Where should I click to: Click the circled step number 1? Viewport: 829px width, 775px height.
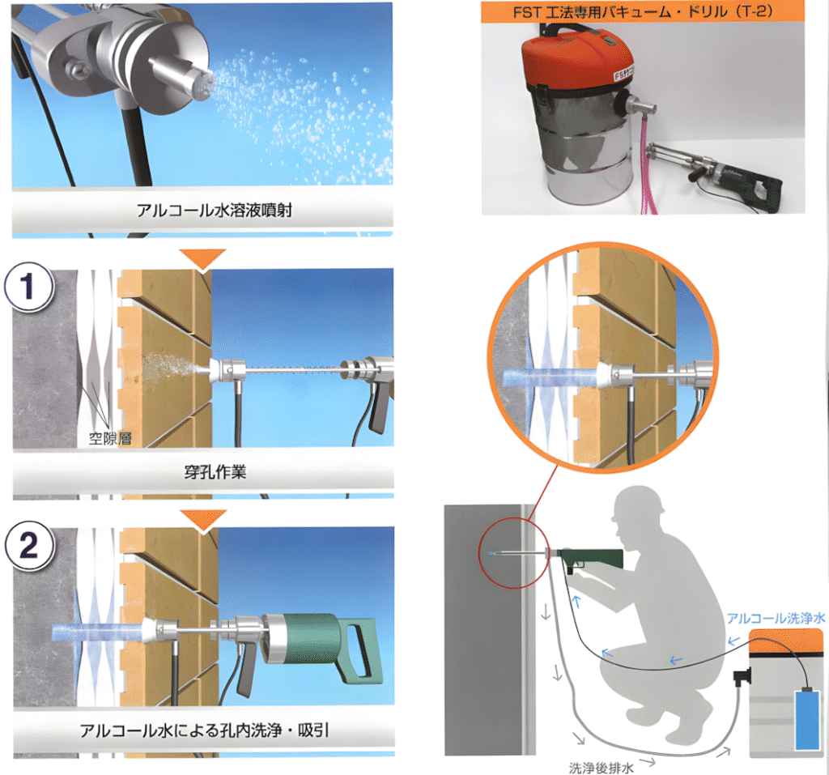29,287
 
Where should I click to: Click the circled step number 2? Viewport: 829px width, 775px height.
30,545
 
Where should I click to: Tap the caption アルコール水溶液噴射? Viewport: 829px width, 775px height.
214,211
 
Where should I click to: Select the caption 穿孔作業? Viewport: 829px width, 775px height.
215,472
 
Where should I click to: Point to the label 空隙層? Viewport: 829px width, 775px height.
110,438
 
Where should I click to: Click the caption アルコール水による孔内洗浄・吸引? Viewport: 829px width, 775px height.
205,730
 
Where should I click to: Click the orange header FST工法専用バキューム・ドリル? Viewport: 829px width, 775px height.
642,12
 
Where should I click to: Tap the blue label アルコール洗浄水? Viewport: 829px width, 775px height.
776,618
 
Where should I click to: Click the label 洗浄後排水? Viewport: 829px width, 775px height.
602,767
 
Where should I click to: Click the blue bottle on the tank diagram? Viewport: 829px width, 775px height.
807,718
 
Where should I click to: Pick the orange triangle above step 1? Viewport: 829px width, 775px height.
202,258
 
